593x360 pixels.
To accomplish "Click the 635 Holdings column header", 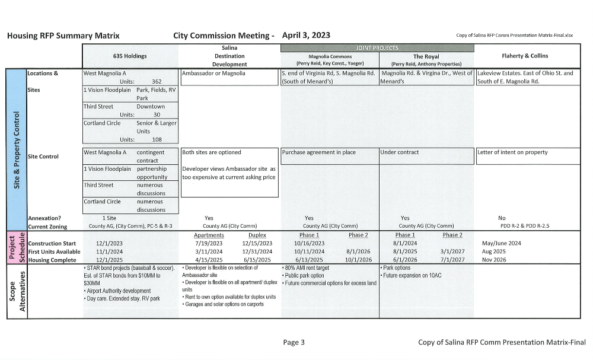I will click(x=130, y=56).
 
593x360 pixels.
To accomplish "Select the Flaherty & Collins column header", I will click(x=525, y=56).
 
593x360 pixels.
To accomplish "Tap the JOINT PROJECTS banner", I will click(x=377, y=47).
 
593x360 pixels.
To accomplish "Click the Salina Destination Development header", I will click(x=229, y=56).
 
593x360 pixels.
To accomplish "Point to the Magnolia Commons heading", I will click(x=330, y=56).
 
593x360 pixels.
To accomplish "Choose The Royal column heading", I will click(x=426, y=56).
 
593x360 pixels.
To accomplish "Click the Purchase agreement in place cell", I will click(x=319, y=152).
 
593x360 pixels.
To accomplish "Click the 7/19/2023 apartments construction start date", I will click(x=208, y=243).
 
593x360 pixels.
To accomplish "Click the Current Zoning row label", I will click(x=47, y=227).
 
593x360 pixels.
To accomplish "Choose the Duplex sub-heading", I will click(x=257, y=235).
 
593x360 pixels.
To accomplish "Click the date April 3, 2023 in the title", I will click(x=307, y=36).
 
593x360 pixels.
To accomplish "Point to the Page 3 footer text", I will click(x=294, y=342).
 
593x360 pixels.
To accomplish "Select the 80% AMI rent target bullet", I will click(x=308, y=268).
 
